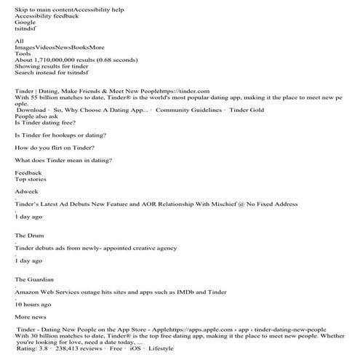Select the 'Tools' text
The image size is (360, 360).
(23, 53)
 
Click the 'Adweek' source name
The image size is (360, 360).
(26, 191)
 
